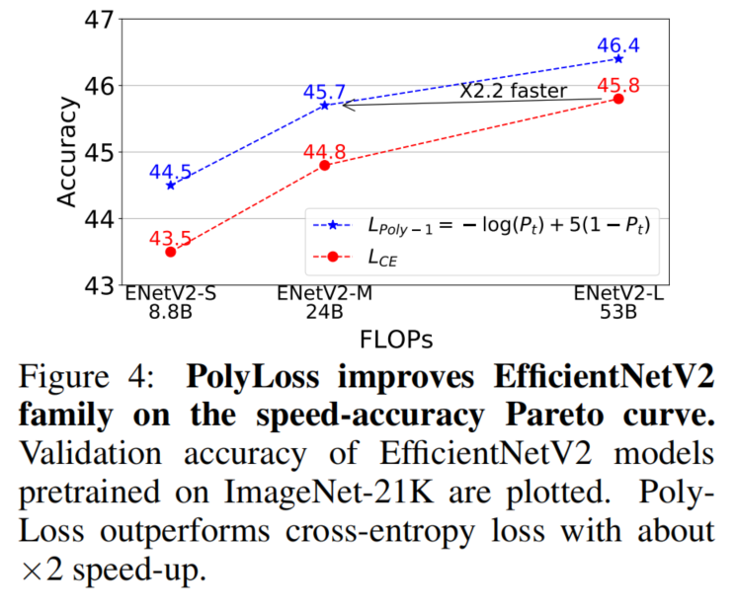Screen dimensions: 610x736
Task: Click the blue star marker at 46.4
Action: (x=618, y=58)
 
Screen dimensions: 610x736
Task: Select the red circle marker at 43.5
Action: (x=170, y=252)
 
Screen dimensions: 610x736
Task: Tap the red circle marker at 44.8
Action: (x=324, y=165)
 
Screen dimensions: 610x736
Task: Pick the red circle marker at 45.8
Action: (x=618, y=98)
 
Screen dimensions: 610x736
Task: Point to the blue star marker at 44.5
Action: (x=170, y=186)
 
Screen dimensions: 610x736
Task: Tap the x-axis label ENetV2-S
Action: (x=170, y=295)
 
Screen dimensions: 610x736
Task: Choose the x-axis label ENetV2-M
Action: (x=324, y=295)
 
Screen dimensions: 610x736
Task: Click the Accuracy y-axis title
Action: (x=67, y=152)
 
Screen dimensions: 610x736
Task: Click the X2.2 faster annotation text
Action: (x=513, y=91)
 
